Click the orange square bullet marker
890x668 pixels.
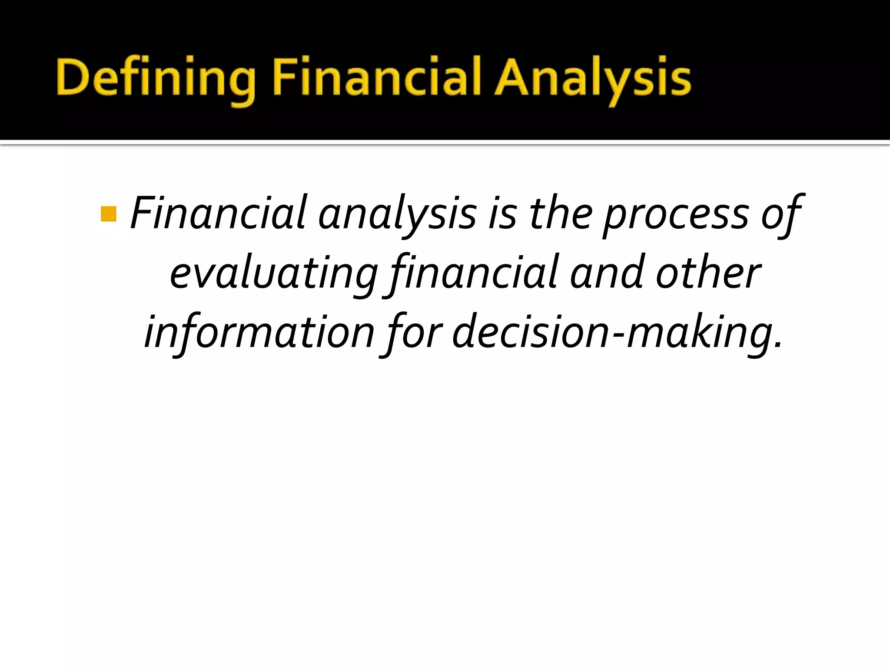(108, 214)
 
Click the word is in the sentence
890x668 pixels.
(503, 213)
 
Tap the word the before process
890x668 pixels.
(561, 213)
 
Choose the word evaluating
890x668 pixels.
(274, 274)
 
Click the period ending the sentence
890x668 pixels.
(777, 345)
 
